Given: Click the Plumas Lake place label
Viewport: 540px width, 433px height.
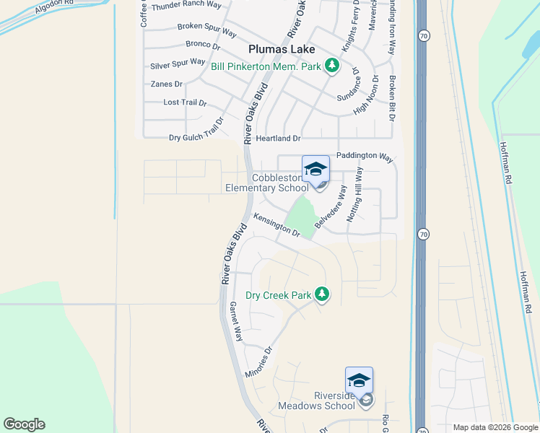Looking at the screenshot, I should pyautogui.click(x=281, y=49).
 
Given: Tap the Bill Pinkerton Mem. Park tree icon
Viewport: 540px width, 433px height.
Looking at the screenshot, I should pyautogui.click(x=332, y=66).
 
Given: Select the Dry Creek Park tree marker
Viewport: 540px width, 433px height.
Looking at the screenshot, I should pyautogui.click(x=322, y=294).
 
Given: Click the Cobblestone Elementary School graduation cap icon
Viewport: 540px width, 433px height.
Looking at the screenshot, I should pyautogui.click(x=315, y=170).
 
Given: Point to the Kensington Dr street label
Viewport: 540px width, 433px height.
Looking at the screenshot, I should pyautogui.click(x=276, y=224).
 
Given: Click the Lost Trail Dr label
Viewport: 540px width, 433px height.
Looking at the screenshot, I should pyautogui.click(x=185, y=102).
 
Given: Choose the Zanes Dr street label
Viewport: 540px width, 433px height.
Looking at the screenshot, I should pyautogui.click(x=166, y=84).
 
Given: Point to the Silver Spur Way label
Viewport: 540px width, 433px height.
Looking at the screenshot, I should pyautogui.click(x=178, y=64).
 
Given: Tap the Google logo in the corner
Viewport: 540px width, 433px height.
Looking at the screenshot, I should pyautogui.click(x=24, y=424).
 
